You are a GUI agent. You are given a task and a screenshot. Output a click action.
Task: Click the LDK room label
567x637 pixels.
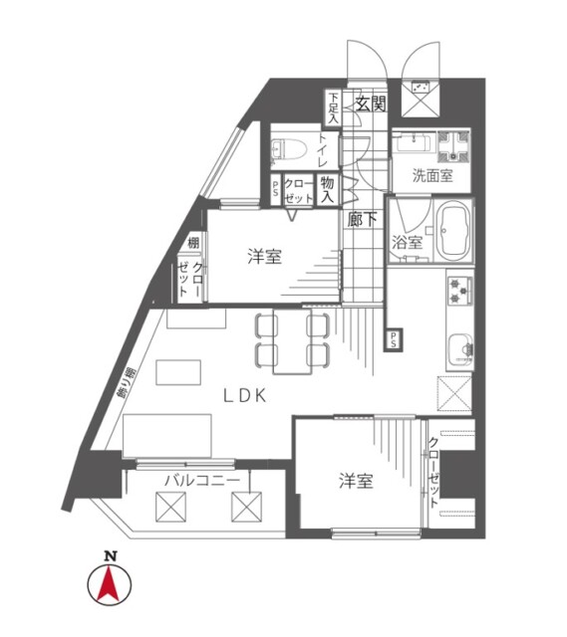pyautogui.click(x=243, y=395)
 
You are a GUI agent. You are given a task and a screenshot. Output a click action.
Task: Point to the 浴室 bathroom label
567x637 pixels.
pyautogui.click(x=407, y=242)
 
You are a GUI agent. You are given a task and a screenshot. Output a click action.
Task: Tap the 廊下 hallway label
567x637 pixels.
pyautogui.click(x=362, y=221)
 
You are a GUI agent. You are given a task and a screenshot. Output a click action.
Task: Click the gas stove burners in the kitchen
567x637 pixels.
pyautogui.click(x=460, y=291)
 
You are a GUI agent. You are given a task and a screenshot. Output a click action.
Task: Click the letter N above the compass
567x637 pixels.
pyautogui.click(x=113, y=555)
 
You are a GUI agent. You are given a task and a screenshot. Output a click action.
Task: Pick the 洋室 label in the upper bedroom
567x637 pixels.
pyautogui.click(x=264, y=257)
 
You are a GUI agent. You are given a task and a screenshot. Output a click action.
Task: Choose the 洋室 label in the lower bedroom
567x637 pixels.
pyautogui.click(x=356, y=482)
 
